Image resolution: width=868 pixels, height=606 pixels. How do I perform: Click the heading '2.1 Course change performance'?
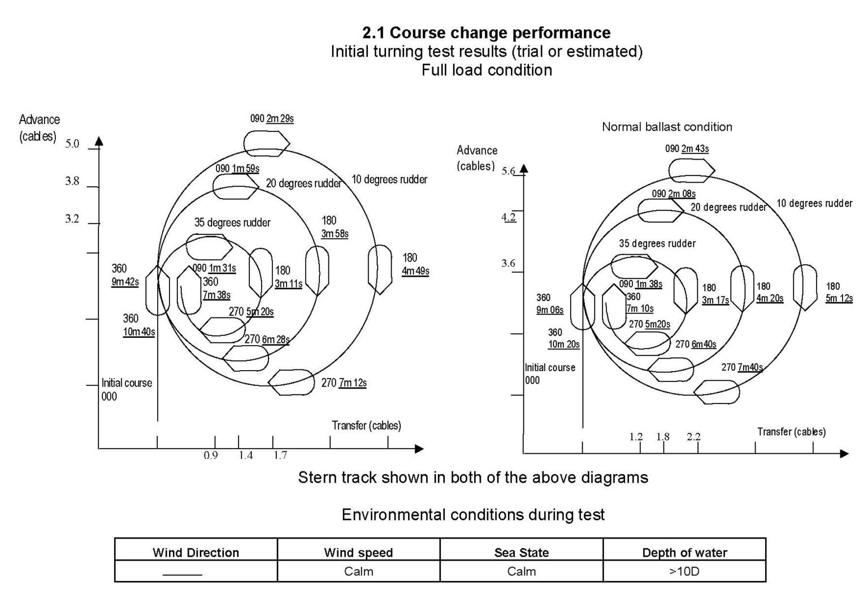(486, 32)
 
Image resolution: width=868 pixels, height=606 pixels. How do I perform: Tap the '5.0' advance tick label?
(72, 144)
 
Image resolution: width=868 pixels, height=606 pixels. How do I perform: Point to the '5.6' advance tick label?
(508, 171)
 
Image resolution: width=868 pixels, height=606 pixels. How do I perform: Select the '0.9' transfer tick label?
(211, 455)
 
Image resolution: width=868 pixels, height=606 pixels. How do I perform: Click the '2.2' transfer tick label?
(693, 437)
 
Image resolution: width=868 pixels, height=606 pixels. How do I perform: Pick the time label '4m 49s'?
(415, 271)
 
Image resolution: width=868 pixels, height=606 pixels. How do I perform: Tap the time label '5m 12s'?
(839, 298)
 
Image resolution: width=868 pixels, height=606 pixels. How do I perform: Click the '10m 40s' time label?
(139, 332)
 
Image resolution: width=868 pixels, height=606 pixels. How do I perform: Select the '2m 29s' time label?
(280, 119)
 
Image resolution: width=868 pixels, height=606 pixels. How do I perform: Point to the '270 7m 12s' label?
(344, 383)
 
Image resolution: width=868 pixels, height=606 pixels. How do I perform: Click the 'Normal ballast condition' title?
(667, 127)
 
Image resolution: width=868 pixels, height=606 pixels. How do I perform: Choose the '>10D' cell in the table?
(684, 571)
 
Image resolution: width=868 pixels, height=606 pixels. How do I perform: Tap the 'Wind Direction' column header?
(196, 552)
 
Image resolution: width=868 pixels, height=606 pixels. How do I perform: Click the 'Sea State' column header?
(521, 552)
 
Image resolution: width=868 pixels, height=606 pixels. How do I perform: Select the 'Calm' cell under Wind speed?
(358, 571)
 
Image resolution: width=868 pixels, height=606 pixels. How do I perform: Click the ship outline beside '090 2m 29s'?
(266, 143)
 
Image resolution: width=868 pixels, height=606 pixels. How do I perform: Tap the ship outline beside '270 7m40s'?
(717, 392)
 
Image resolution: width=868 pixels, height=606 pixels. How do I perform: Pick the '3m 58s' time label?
(335, 234)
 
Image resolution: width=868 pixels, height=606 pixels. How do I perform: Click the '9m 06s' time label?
(549, 310)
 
